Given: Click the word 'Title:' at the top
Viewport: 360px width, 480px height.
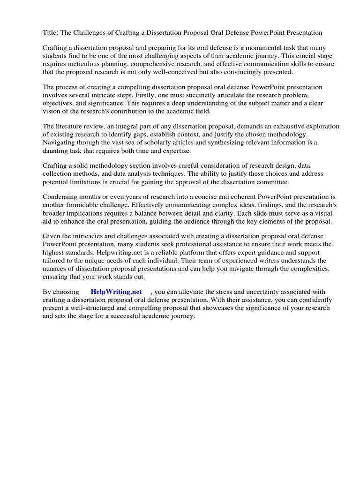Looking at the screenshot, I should tap(51, 32).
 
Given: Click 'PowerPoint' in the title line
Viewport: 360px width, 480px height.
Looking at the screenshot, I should tap(270, 32).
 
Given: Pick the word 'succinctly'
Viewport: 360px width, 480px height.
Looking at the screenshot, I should tap(202, 95).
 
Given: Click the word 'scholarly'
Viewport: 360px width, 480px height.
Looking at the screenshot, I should tap(163, 142).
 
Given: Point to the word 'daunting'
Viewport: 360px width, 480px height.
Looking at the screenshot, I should tap(56, 150).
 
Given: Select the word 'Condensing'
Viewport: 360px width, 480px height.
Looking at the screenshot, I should tap(62, 197).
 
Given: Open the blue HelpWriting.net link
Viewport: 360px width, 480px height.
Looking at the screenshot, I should tap(116, 292).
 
